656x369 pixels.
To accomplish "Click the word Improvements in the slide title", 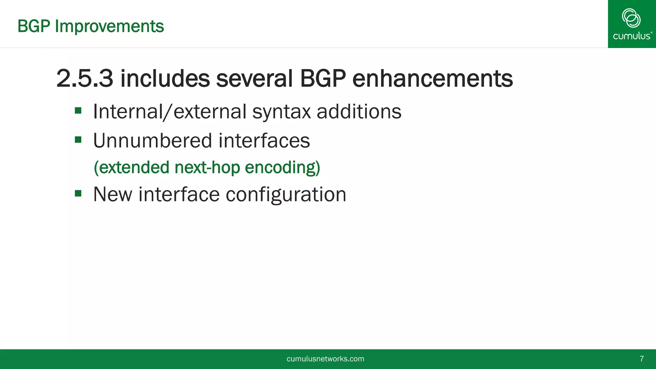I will pos(109,26).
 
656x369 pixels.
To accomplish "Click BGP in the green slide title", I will pos(34,26).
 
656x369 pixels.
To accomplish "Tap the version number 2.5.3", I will pos(85,78).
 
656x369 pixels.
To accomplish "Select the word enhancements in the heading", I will pos(432,78).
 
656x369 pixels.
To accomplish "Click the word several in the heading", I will pos(254,78).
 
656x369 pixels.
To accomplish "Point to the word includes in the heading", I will pos(165,78).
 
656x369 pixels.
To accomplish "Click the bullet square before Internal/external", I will pos(78,111).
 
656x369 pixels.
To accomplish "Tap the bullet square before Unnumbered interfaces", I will pos(78,140).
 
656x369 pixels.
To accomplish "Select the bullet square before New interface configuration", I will pos(78,193).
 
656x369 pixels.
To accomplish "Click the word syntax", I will pos(281,112).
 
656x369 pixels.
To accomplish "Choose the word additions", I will pos(359,111).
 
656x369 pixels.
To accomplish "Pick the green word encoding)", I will pos(282,168).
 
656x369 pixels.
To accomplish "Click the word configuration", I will pos(286,195).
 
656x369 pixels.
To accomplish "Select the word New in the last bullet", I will pos(112,194).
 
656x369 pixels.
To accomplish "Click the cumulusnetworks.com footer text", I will pos(325,359).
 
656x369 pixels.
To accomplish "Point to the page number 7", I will pos(642,359).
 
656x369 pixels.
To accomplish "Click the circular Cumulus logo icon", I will pos(631,18).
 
